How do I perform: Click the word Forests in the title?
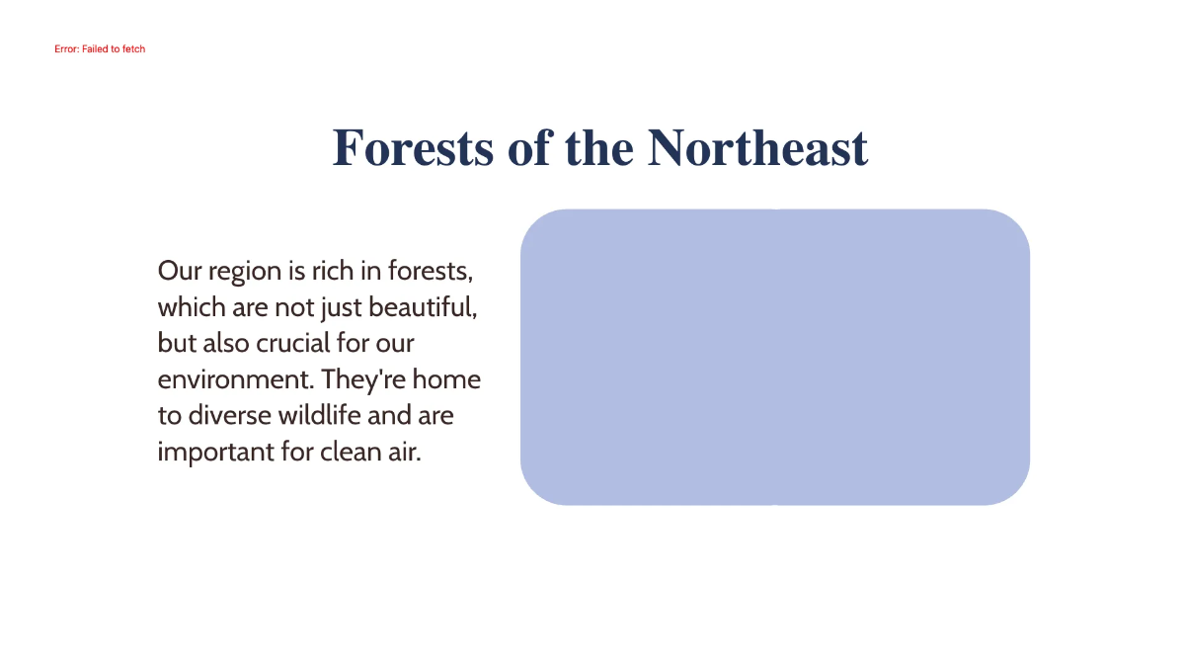[x=414, y=148]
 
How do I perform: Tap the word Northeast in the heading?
[x=757, y=148]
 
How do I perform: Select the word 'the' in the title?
[x=599, y=148]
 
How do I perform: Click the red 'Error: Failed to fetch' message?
[x=100, y=48]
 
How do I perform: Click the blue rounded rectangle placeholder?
[x=774, y=357]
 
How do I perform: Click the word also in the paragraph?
[x=226, y=344]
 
